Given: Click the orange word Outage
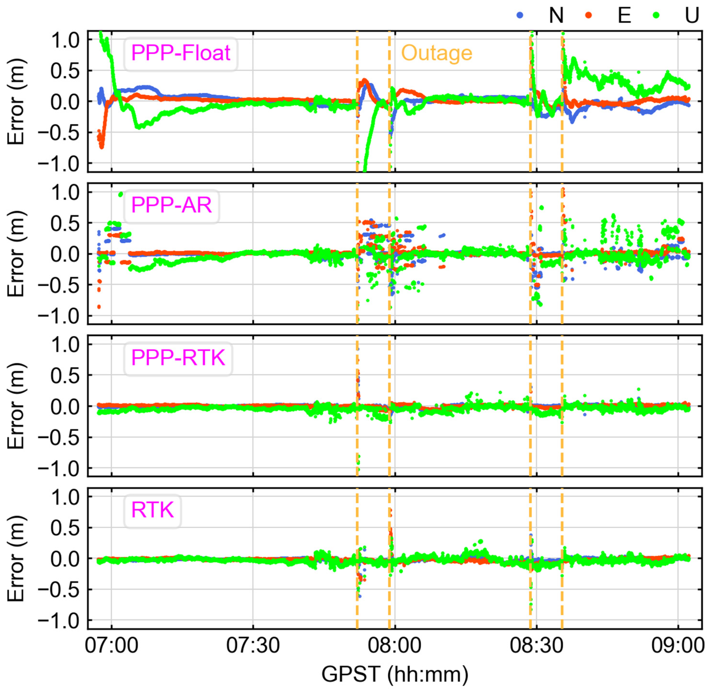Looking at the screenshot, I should coord(437,53).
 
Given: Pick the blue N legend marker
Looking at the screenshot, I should coord(520,15).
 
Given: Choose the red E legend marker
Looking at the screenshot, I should coord(588,15).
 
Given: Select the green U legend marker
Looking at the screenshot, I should coord(656,15).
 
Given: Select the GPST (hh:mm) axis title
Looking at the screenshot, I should coord(395,674).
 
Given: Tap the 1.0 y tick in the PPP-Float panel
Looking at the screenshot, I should coord(65,40).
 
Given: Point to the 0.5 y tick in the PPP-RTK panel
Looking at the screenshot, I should coord(65,375).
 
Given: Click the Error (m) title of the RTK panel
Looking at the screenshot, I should coord(16,559).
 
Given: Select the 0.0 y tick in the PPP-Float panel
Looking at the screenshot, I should coord(65,102).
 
